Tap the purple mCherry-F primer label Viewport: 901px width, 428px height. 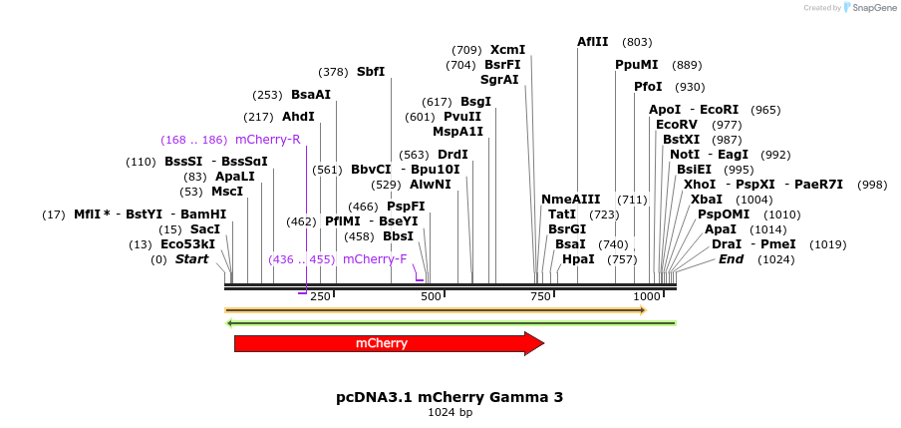click(375, 259)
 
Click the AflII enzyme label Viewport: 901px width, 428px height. click(593, 42)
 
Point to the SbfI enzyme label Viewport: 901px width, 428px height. click(371, 72)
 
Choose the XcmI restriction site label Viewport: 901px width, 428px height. click(507, 50)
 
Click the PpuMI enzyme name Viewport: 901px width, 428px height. click(637, 65)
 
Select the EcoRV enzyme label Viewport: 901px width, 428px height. click(677, 125)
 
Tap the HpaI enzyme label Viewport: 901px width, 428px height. click(578, 259)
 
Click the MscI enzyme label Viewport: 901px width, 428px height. click(227, 192)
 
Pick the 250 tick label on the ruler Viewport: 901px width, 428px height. click(320, 296)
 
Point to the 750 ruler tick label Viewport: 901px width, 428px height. click(540, 296)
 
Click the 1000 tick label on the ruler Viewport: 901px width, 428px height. click(647, 296)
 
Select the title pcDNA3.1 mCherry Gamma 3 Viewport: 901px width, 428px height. click(450, 397)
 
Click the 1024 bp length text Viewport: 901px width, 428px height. click(450, 412)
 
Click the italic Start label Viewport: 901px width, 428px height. click(192, 259)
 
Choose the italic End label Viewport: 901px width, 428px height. click(731, 259)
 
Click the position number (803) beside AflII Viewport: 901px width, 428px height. click(637, 42)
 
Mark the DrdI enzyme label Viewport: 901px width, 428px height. click(452, 155)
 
